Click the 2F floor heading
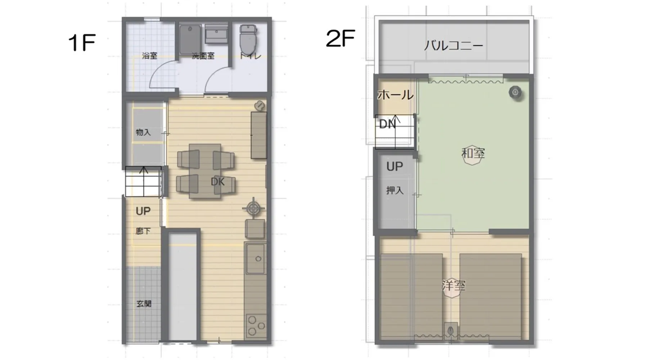pyautogui.click(x=341, y=39)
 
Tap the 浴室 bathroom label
pyautogui.click(x=149, y=56)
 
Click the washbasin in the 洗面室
pyautogui.click(x=216, y=34)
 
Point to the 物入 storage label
pyautogui.click(x=143, y=132)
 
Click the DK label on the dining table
pyautogui.click(x=218, y=182)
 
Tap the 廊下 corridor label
pyautogui.click(x=143, y=231)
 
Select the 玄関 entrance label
pyautogui.click(x=144, y=304)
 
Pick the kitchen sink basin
pyautogui.click(x=256, y=258)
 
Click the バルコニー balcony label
pyautogui.click(x=453, y=46)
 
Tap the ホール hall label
pyautogui.click(x=395, y=95)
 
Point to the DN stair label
pyautogui.click(x=387, y=124)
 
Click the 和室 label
pyautogui.click(x=473, y=153)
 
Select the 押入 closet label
pyautogui.click(x=395, y=190)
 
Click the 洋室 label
pyautogui.click(x=454, y=285)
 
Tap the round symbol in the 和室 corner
pyautogui.click(x=516, y=93)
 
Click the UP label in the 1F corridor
pyautogui.click(x=143, y=211)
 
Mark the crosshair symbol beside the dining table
pyautogui.click(x=253, y=208)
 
